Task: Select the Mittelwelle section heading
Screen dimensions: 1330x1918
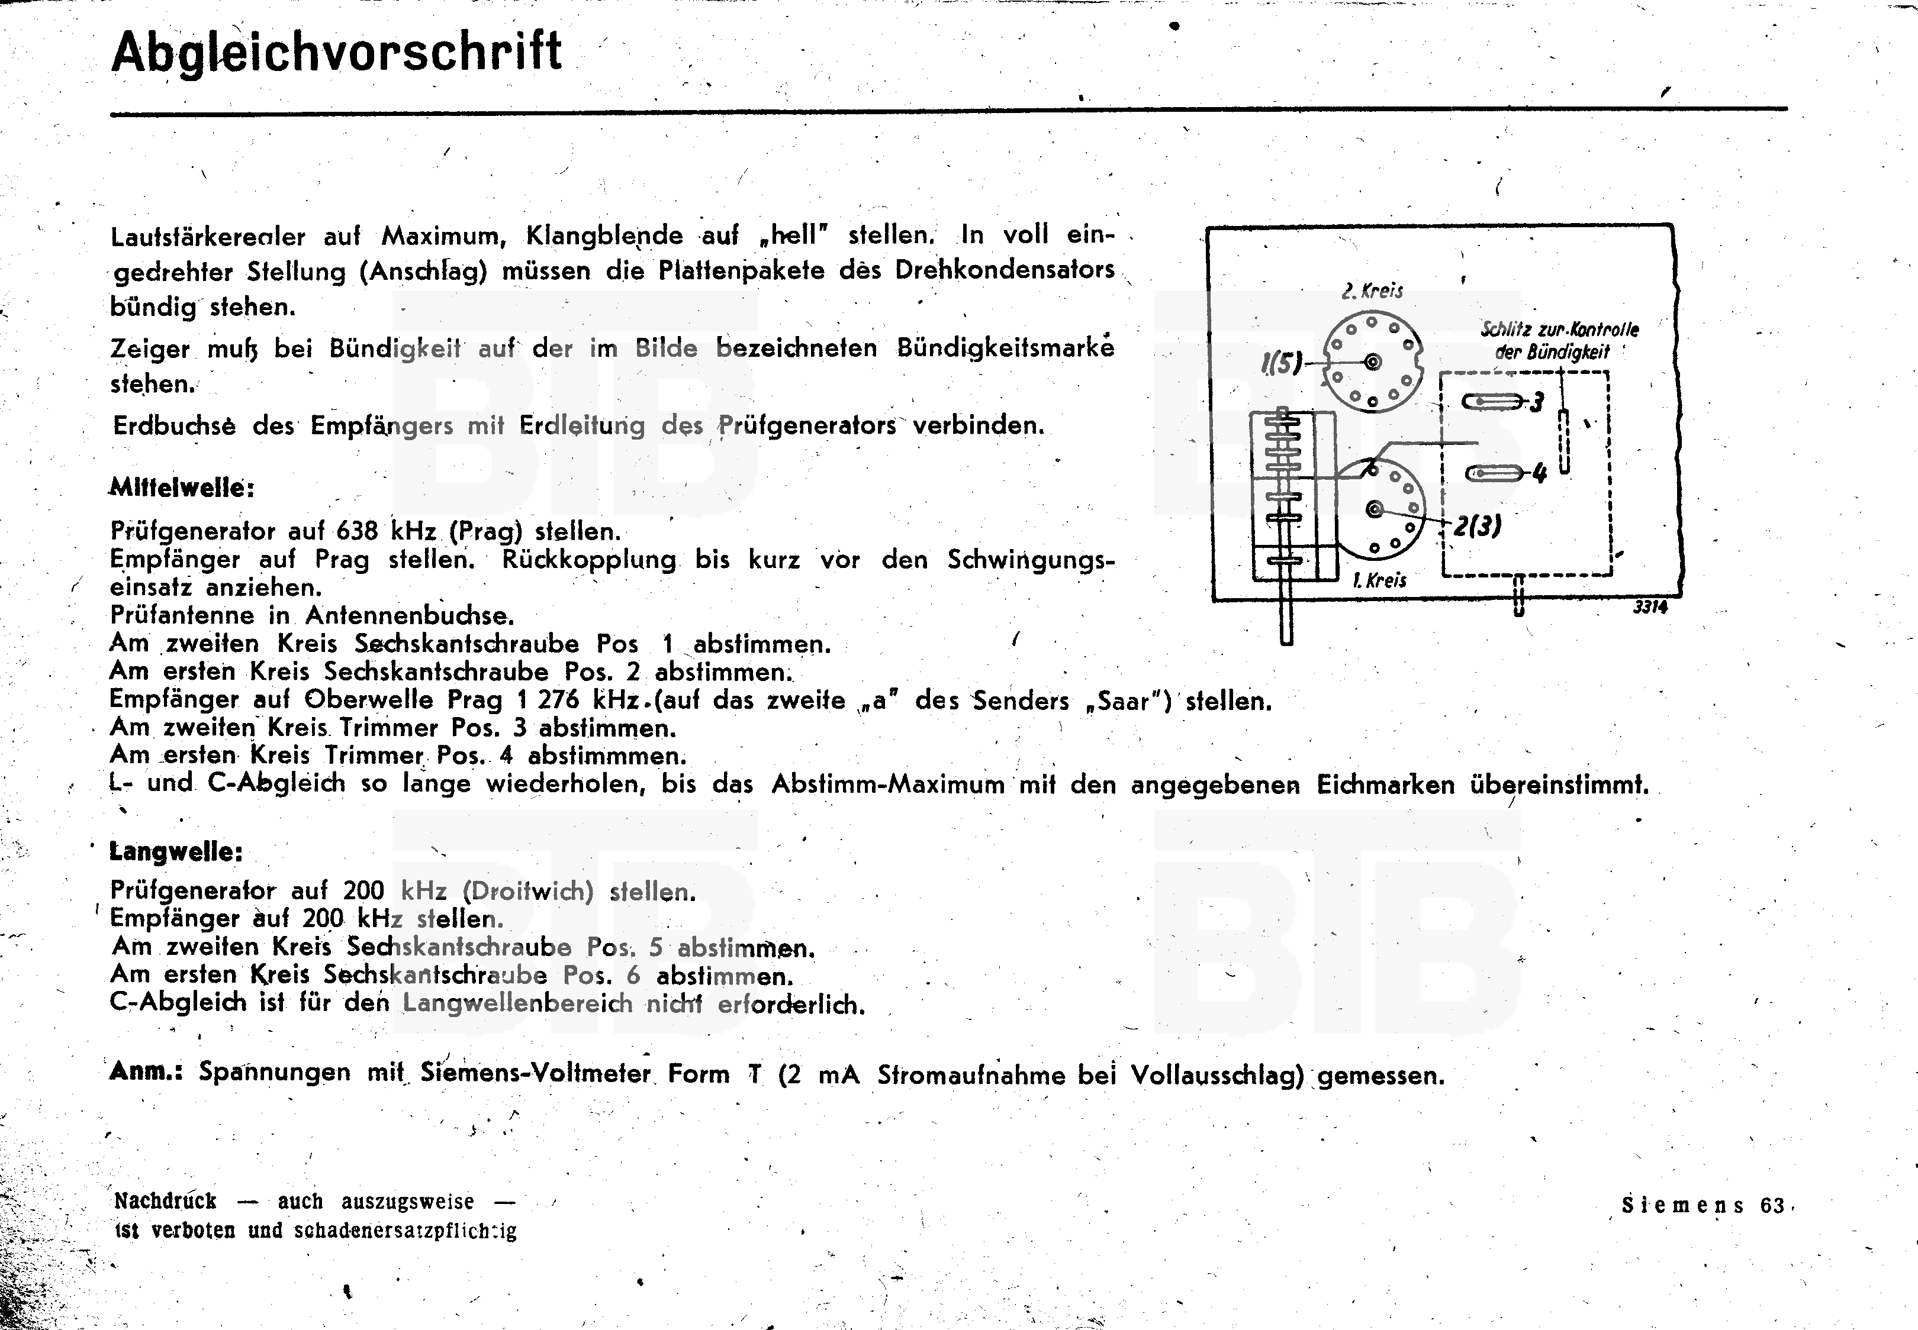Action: [x=182, y=488]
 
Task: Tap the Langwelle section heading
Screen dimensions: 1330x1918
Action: [x=176, y=852]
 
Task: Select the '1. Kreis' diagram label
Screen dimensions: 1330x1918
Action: [x=1379, y=580]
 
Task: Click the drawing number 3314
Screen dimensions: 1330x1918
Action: [x=1650, y=608]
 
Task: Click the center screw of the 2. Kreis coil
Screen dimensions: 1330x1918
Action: [x=1372, y=361]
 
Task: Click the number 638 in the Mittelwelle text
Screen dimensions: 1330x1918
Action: [x=357, y=531]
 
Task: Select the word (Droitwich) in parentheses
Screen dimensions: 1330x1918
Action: [x=527, y=891]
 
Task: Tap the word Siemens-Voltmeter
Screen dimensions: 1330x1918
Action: [x=535, y=1073]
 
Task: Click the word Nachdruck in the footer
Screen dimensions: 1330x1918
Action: [x=165, y=1201]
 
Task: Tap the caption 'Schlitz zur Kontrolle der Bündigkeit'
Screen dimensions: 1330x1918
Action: [x=1559, y=340]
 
